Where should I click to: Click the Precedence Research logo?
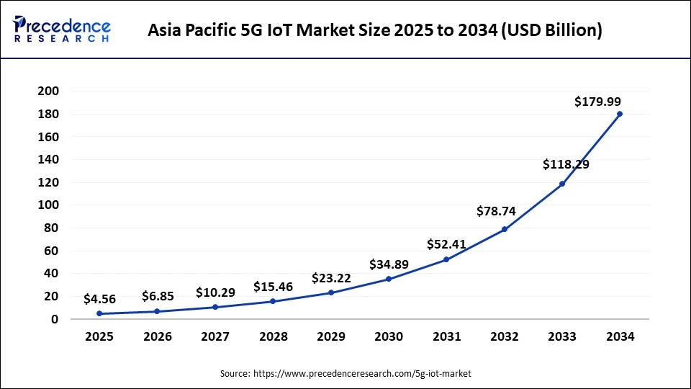point(62,30)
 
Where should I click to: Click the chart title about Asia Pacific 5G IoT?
point(375,30)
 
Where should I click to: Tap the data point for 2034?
point(620,114)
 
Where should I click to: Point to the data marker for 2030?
point(389,279)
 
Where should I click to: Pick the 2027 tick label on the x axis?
point(215,336)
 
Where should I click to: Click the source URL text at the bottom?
point(345,373)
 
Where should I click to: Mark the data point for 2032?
point(505,229)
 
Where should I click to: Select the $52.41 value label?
point(446,244)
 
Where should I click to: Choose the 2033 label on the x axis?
point(562,336)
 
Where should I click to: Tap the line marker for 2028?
point(273,301)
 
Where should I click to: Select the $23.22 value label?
point(331,278)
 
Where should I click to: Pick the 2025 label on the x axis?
point(99,336)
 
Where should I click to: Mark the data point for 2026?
point(157,311)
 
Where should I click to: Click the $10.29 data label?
point(215,293)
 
